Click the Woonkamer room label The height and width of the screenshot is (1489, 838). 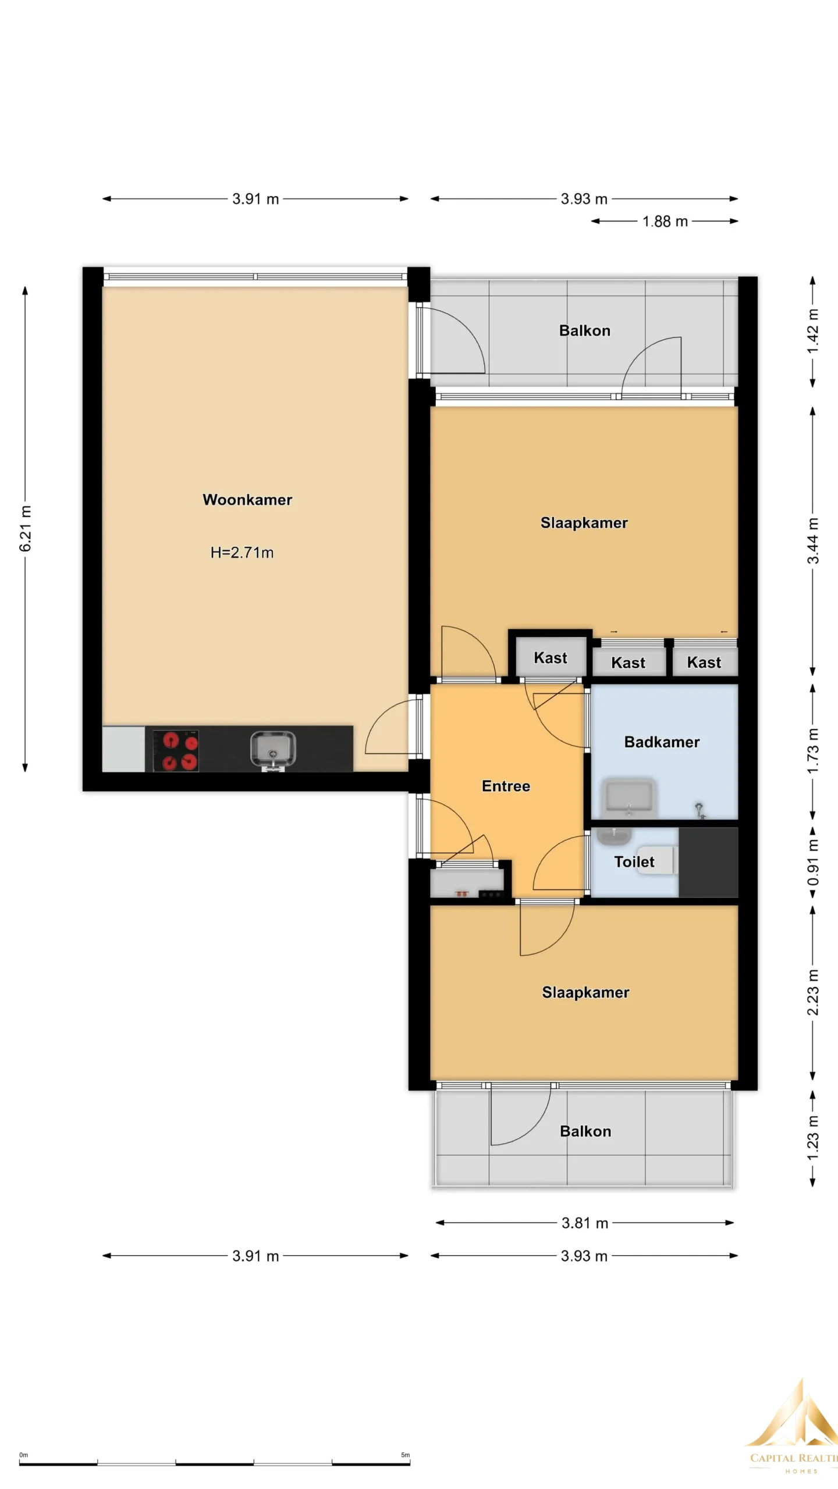pyautogui.click(x=247, y=500)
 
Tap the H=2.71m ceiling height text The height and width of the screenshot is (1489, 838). pyautogui.click(x=242, y=553)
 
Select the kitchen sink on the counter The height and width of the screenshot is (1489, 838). pyautogui.click(x=273, y=750)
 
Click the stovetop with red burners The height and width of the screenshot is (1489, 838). pyautogui.click(x=176, y=751)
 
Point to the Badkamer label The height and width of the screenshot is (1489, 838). pyautogui.click(x=662, y=742)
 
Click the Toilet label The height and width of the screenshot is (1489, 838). pyautogui.click(x=634, y=862)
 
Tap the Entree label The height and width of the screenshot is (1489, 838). pyautogui.click(x=506, y=786)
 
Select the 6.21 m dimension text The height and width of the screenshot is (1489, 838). pyautogui.click(x=26, y=529)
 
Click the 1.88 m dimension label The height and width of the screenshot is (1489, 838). pyautogui.click(x=665, y=222)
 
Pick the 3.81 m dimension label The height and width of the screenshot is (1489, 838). pyautogui.click(x=585, y=1223)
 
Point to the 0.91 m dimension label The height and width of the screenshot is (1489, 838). pyautogui.click(x=813, y=862)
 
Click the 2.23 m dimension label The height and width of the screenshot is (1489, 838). pyautogui.click(x=813, y=992)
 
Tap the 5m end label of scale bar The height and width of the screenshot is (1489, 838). pyautogui.click(x=405, y=1455)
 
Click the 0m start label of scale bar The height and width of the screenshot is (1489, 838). pyautogui.click(x=23, y=1455)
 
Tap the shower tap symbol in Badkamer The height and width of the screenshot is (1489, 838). pyautogui.click(x=699, y=810)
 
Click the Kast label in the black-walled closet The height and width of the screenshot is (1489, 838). pyautogui.click(x=551, y=658)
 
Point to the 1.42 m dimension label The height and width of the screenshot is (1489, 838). pyautogui.click(x=813, y=331)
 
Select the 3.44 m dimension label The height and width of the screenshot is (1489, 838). pyautogui.click(x=813, y=541)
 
